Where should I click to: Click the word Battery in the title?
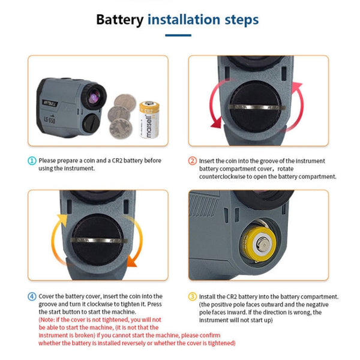[120, 20]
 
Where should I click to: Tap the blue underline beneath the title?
[178, 35]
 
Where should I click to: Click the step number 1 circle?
[31, 161]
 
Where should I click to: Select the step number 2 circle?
[193, 161]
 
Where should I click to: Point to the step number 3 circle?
[193, 296]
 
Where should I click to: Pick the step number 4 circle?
[31, 296]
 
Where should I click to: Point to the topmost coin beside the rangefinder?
[124, 101]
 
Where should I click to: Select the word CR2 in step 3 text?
[231, 296]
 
